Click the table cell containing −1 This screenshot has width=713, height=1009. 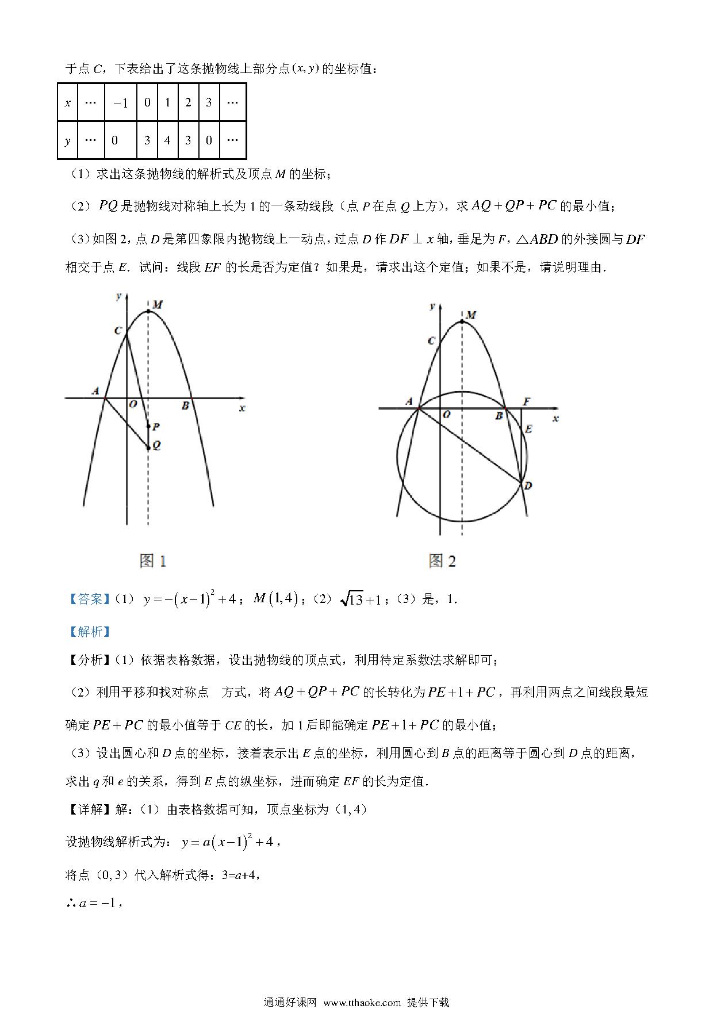tap(121, 103)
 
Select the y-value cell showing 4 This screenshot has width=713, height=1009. tap(167, 140)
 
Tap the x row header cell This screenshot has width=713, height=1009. tap(68, 103)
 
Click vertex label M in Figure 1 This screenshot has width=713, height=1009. tap(157, 304)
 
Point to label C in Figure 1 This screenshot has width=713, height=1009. tap(118, 330)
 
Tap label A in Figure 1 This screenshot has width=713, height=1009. tap(95, 391)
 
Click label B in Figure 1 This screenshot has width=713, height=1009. tap(185, 406)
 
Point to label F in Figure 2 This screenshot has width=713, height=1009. tap(527, 402)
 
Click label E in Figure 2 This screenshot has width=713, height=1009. tap(528, 429)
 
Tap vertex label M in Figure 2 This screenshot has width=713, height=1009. tap(470, 315)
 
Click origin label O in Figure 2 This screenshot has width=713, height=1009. tap(446, 414)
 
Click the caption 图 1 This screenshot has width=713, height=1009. tap(153, 560)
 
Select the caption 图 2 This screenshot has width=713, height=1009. tap(442, 560)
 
